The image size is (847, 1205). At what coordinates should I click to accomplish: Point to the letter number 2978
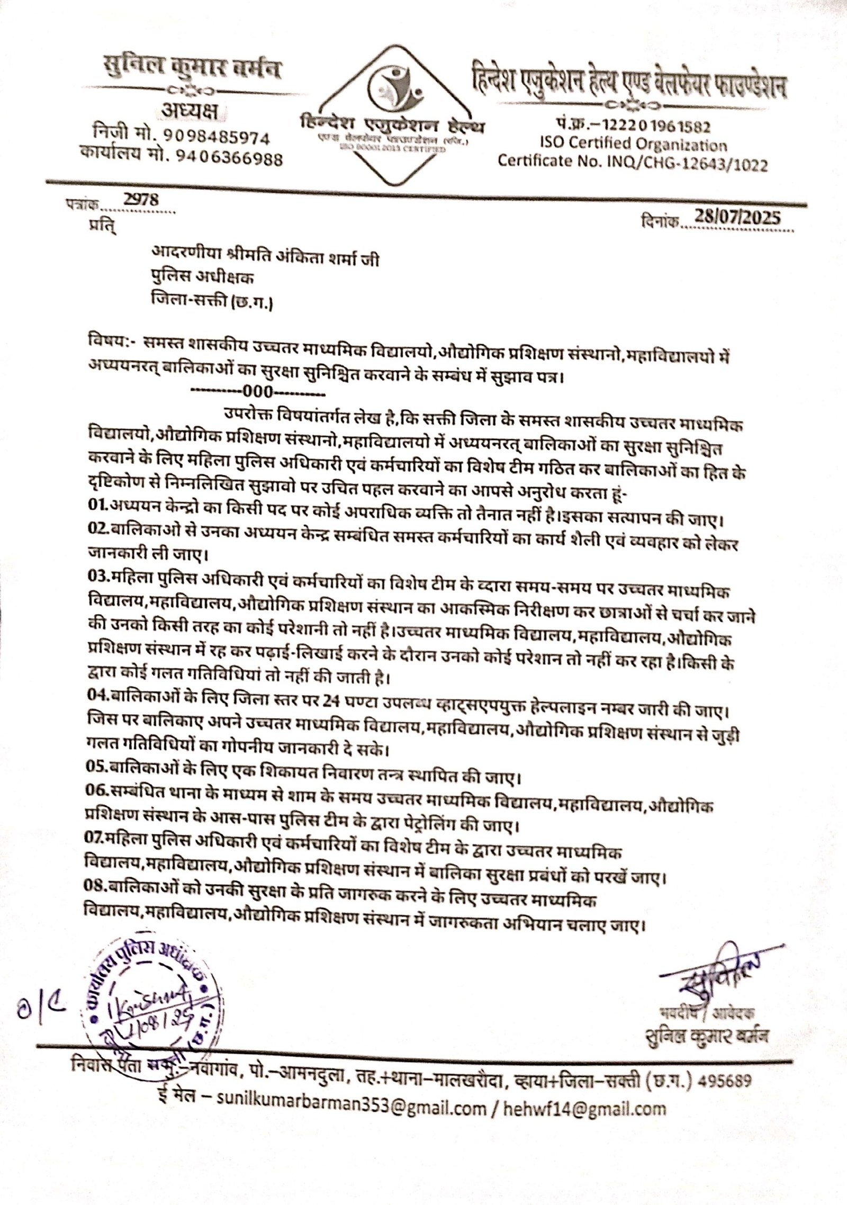click(x=141, y=200)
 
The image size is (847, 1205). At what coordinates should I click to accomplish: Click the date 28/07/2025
click(x=738, y=218)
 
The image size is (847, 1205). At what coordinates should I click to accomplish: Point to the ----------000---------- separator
click(x=258, y=392)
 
